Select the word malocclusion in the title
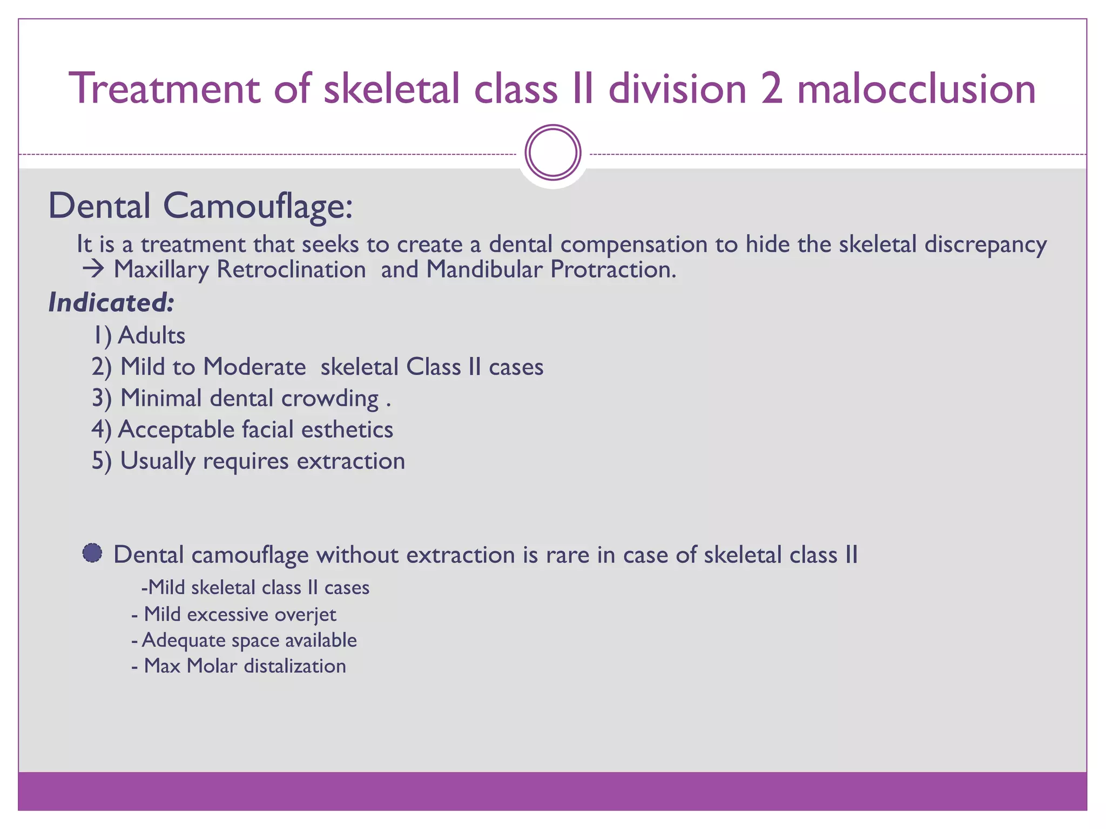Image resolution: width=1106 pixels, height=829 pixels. click(x=916, y=89)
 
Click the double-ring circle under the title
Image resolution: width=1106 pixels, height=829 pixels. click(x=553, y=153)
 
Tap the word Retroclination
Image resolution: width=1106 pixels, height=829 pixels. click(x=291, y=269)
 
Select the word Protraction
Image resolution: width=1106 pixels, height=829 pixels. click(x=613, y=269)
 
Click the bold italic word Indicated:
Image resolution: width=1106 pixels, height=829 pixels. click(x=111, y=302)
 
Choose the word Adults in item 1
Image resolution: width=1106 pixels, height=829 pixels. click(x=152, y=336)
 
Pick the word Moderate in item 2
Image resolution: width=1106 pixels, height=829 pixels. click(x=254, y=367)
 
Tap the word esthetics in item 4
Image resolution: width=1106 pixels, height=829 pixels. click(x=347, y=430)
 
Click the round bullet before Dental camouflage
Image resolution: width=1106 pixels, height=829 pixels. click(x=92, y=554)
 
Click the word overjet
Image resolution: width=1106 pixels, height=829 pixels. click(x=306, y=615)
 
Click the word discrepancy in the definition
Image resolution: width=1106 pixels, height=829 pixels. click(x=985, y=244)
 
